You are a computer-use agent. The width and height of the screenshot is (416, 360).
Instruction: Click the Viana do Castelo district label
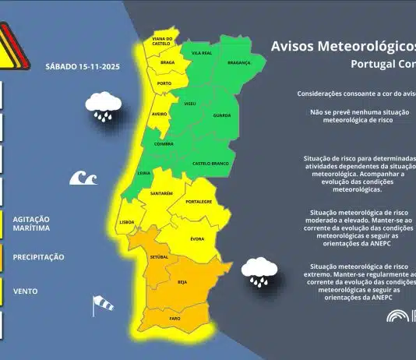point(162,41)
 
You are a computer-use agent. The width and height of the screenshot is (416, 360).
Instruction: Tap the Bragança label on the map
point(238,62)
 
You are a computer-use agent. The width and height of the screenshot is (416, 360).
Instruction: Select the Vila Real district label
point(202,54)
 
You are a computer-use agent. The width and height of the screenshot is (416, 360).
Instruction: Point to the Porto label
point(164,83)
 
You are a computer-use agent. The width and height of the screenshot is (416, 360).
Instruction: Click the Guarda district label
point(222,115)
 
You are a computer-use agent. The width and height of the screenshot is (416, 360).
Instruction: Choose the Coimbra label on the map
point(163,143)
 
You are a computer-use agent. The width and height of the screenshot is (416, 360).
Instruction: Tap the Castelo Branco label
point(209,164)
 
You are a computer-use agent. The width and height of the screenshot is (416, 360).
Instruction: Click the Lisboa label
point(128,221)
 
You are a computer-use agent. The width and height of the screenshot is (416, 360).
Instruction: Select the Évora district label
point(197,238)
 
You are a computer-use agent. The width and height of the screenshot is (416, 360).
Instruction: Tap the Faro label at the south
point(175,319)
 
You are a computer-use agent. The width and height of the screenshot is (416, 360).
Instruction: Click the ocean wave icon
point(83,178)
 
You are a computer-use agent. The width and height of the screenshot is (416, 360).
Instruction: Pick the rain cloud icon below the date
point(104,105)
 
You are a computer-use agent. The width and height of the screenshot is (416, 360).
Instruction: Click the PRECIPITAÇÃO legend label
point(38,257)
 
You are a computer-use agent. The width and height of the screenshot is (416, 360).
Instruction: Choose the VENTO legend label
point(26,291)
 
